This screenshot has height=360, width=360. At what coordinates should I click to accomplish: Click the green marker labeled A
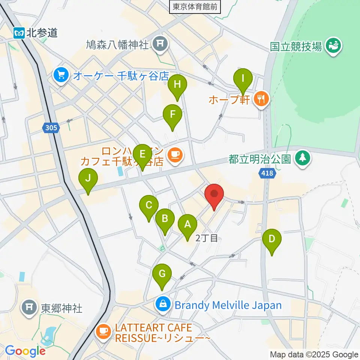(x=187, y=225)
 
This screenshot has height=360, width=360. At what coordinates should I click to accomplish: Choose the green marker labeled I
(x=243, y=79)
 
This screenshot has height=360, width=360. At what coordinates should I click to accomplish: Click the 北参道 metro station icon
(x=19, y=33)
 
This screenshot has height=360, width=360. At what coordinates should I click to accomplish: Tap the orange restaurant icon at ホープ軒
(x=261, y=99)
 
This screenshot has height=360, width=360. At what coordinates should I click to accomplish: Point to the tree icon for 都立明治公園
(x=301, y=158)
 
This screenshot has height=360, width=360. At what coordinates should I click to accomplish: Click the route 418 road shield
(x=267, y=173)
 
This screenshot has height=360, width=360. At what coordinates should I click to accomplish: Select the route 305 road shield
(x=51, y=128)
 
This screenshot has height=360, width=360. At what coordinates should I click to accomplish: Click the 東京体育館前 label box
(x=195, y=6)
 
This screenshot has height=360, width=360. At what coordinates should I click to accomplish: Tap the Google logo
(x=25, y=351)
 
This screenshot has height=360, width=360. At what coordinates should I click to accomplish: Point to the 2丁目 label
(x=207, y=238)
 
